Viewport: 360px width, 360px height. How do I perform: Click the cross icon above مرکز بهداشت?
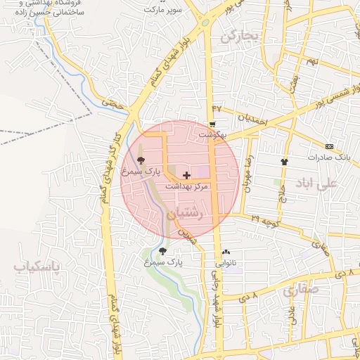pos(186,174)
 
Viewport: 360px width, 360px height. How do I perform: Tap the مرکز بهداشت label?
pos(187,186)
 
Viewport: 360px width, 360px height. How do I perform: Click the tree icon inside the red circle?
pos(141,160)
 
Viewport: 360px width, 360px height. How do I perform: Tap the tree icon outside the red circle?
pos(162,251)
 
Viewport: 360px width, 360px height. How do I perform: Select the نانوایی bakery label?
pos(226,262)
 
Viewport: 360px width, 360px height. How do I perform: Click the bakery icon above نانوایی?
pos(226,252)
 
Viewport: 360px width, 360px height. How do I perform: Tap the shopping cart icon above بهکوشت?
pos(212,124)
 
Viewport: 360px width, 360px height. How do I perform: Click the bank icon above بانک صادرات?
pos(330,146)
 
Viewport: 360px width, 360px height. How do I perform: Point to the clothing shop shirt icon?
pos(284,161)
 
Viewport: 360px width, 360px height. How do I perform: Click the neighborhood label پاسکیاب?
pos(38,267)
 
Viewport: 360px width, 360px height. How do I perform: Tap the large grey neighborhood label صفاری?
pos(301,288)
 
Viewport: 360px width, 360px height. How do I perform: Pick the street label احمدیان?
pos(252,120)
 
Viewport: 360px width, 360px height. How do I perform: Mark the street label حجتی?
pos(112,103)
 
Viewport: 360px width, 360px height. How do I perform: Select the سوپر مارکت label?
pos(163,10)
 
